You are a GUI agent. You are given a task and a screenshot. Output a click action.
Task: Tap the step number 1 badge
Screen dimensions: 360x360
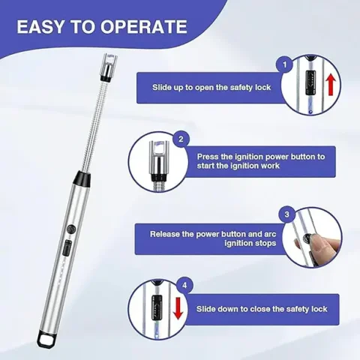click(285, 65)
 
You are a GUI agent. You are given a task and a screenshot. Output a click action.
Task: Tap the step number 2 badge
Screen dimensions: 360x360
click(181, 139)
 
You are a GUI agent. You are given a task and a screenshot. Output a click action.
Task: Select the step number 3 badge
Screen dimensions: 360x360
click(285, 214)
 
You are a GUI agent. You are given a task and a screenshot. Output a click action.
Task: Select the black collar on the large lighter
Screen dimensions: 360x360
click(80, 179)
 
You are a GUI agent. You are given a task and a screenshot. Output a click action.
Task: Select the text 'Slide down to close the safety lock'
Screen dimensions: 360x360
click(262, 308)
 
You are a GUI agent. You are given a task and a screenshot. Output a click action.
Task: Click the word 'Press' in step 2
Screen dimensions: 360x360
click(209, 157)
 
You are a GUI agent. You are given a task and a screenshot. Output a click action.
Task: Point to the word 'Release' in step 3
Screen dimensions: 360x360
click(169, 233)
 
